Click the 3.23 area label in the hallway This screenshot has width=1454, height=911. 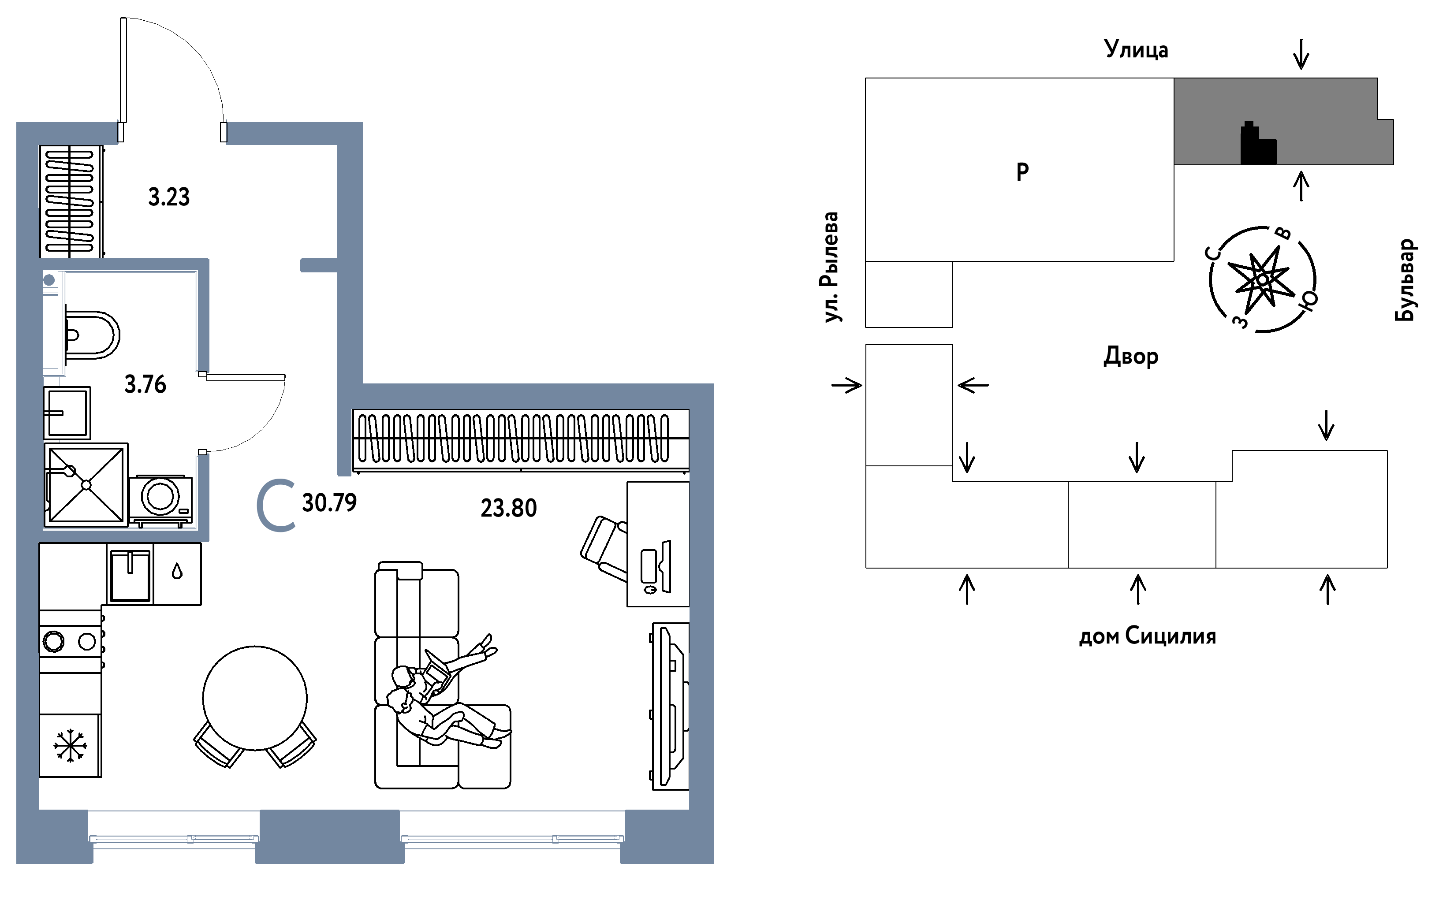169,197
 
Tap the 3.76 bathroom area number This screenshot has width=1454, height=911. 145,384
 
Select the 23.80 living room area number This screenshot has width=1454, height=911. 509,508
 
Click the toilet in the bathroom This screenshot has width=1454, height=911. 92,335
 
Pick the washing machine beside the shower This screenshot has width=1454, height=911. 161,500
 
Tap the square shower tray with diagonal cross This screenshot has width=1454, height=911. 86,485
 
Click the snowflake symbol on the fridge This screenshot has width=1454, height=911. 71,746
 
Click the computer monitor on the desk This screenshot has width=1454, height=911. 666,566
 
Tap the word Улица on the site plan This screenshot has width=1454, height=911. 1136,49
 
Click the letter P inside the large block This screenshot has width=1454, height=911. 1022,172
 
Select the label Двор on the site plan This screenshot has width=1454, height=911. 1130,357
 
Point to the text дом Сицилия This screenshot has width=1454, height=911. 1147,637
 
